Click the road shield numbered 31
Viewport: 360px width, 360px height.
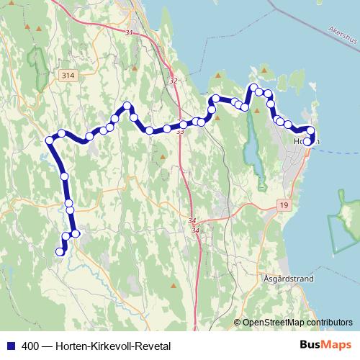coord(129,33)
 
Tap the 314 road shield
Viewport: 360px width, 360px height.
coord(68,75)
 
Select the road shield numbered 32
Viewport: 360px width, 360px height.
coord(173,81)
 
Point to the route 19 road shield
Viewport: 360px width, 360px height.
coord(285,206)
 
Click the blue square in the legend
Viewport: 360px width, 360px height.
coord(10,345)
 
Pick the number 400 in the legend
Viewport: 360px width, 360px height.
coord(30,345)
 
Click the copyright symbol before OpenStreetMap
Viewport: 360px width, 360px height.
coord(238,323)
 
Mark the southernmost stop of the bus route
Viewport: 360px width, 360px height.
coord(60,251)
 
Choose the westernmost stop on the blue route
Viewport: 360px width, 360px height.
coord(50,140)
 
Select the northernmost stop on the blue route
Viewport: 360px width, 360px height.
coord(253,88)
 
